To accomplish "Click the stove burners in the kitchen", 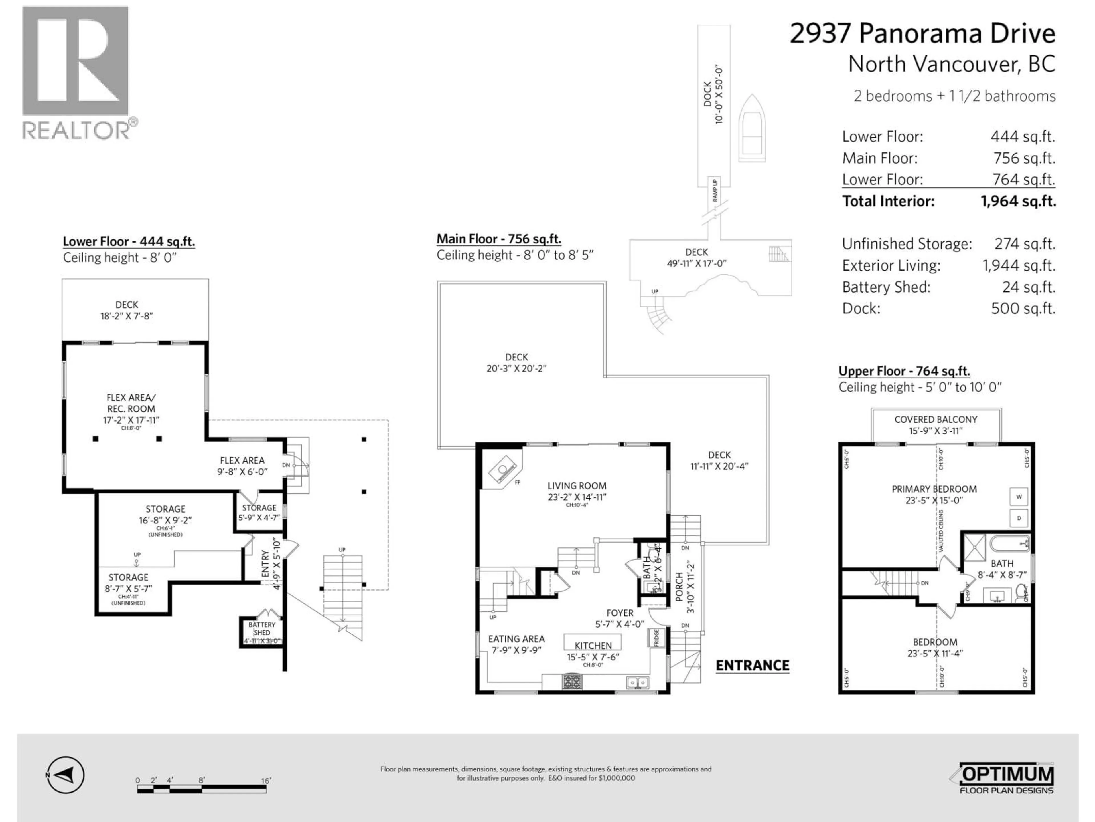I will click(572, 682).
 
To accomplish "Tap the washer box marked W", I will click(1019, 496).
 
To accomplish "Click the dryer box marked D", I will click(1019, 518).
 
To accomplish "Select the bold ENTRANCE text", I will click(753, 665).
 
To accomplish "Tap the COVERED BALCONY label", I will click(936, 419).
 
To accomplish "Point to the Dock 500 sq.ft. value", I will click(1023, 309).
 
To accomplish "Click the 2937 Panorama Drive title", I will click(922, 34).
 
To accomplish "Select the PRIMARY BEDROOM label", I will click(934, 489).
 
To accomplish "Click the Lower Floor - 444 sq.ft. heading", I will click(129, 242).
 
